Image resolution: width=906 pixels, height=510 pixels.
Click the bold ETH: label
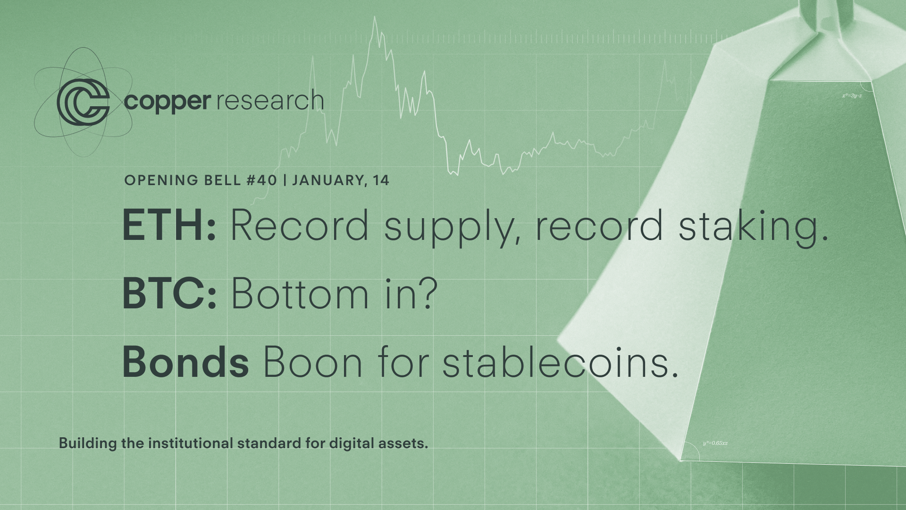[x=169, y=225]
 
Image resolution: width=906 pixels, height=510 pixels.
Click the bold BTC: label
[x=169, y=294]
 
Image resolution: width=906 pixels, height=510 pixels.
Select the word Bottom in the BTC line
[x=300, y=294]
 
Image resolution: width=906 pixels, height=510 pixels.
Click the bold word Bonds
[x=185, y=362]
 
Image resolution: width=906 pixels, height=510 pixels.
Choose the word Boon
[x=312, y=362]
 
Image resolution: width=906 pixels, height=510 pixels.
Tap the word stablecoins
[x=561, y=361]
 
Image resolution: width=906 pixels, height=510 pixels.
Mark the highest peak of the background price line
[x=375, y=17]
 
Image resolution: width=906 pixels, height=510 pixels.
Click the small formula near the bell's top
[x=852, y=96]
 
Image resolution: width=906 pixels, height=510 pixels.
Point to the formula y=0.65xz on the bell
[x=715, y=443]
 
